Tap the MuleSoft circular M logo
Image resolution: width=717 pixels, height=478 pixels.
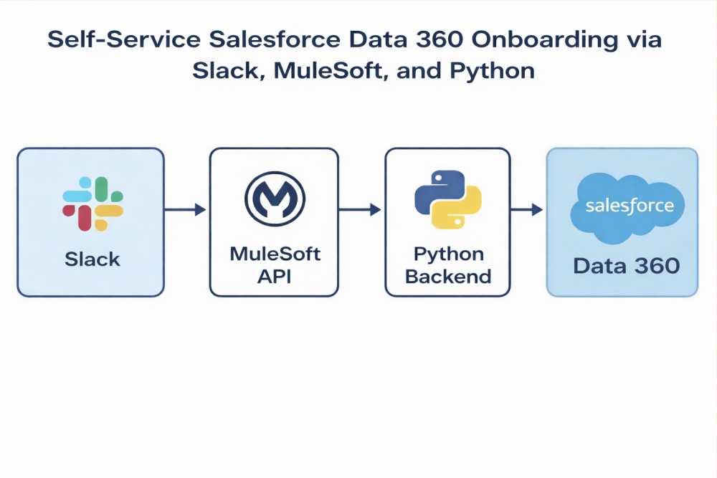pos(275,200)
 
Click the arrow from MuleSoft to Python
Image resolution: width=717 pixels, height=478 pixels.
pos(360,210)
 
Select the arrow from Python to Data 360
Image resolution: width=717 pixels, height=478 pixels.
pos(527,210)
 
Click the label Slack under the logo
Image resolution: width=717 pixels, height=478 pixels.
pos(92,259)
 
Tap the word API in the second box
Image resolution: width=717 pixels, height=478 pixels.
pos(275,276)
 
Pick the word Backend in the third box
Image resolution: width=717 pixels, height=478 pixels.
pos(448,276)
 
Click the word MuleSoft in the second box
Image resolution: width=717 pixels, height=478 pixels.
pos(275,254)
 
